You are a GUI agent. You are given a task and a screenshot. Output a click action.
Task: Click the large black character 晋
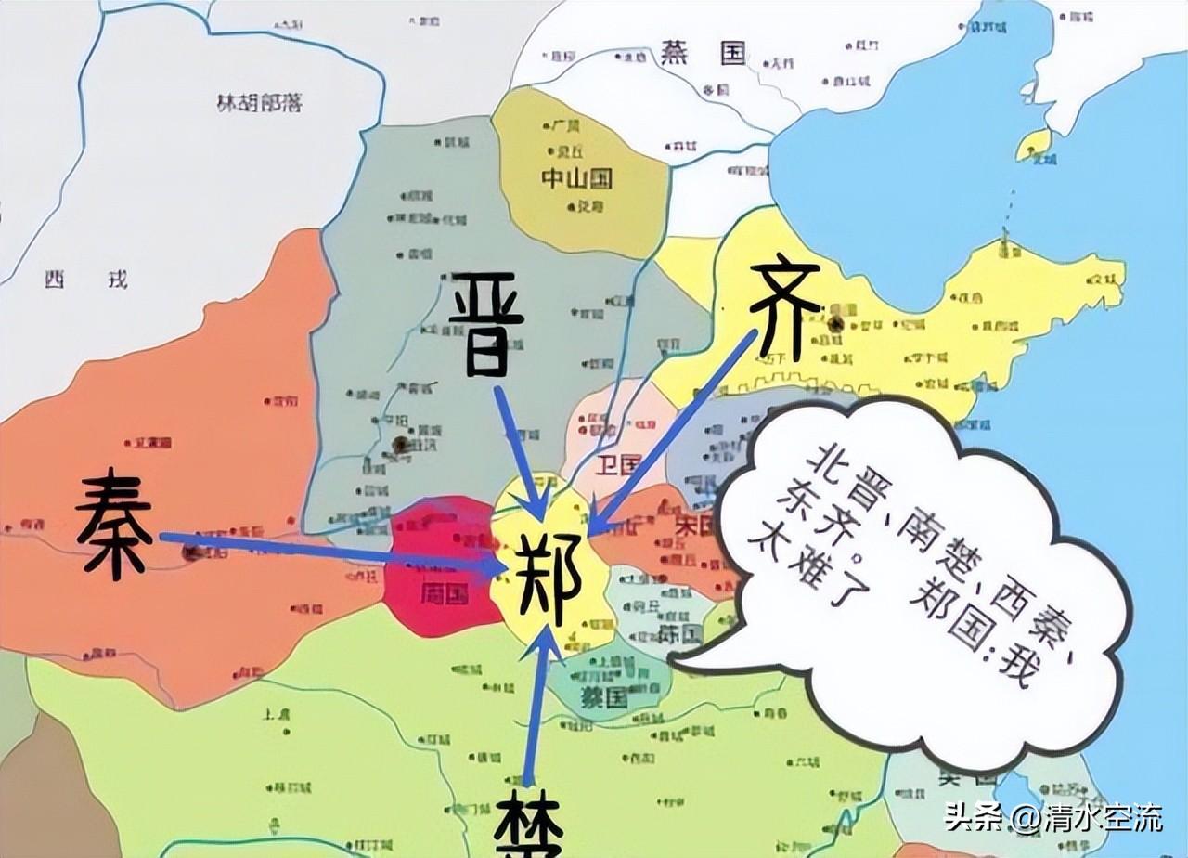click(480, 323)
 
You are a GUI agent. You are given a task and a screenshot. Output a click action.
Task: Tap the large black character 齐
click(785, 310)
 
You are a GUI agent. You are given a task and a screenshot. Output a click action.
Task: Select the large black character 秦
click(113, 523)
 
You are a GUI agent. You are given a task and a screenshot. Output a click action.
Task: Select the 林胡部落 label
click(259, 104)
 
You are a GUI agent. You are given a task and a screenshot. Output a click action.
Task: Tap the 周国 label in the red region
click(444, 593)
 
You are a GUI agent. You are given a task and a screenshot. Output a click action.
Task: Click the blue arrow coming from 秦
click(325, 550)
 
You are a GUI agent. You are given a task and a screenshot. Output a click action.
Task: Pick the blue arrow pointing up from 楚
click(538, 706)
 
